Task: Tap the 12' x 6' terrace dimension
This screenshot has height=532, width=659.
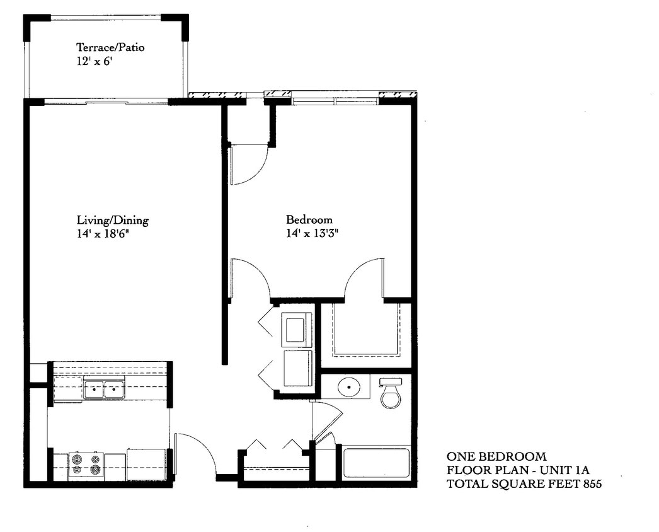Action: coord(95,62)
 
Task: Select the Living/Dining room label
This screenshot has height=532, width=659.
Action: coord(113,220)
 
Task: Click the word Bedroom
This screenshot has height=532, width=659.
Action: coord(309,220)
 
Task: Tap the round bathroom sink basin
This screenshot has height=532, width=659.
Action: coord(348,386)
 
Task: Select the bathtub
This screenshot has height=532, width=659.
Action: coord(377,463)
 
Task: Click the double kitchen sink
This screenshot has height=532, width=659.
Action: coord(104,390)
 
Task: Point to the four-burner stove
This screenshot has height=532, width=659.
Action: coord(86,465)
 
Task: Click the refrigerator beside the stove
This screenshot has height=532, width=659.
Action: coord(146,465)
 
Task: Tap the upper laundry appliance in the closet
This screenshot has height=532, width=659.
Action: coord(296,330)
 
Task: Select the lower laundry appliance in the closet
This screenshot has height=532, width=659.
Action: coord(297,369)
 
